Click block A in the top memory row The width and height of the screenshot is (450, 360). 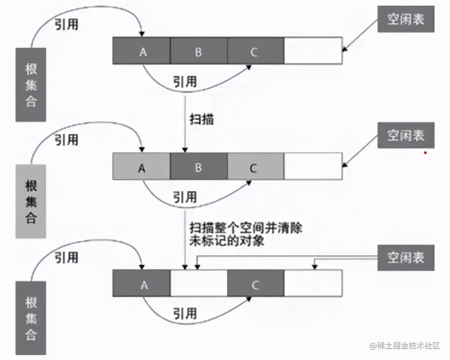[x=142, y=51]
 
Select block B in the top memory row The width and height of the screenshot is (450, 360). [x=199, y=51]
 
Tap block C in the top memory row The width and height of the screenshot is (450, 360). [x=255, y=51]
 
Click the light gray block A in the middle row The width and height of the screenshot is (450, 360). [x=142, y=167]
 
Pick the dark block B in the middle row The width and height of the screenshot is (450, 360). [x=199, y=167]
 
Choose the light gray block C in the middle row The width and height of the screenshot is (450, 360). [x=255, y=167]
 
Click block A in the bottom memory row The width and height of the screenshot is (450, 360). [x=142, y=284]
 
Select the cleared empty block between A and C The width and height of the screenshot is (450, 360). [x=199, y=284]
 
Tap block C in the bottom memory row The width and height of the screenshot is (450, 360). [x=255, y=284]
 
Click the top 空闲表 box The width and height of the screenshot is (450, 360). [x=405, y=19]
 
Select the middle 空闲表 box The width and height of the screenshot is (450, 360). [x=405, y=135]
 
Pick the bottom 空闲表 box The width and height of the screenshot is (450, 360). [x=405, y=257]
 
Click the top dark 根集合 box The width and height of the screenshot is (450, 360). [x=31, y=85]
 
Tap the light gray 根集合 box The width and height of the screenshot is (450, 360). [x=31, y=202]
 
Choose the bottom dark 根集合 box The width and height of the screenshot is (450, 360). [x=31, y=318]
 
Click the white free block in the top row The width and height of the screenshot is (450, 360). [x=313, y=51]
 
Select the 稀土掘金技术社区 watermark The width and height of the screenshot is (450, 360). [x=405, y=346]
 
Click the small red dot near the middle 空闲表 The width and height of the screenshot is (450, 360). [x=425, y=153]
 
